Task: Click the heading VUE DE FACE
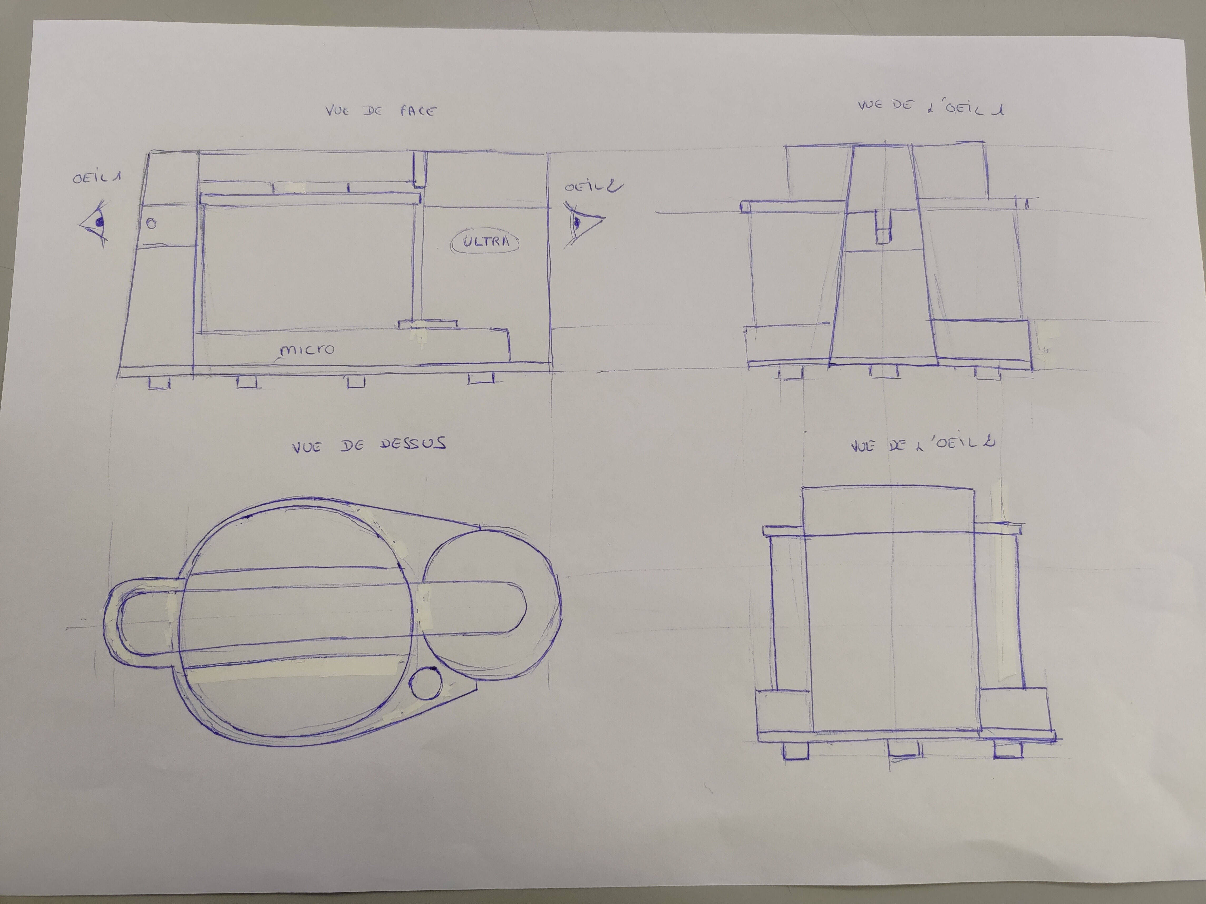point(381,111)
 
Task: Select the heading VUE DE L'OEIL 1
point(931,107)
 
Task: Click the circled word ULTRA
point(485,241)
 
